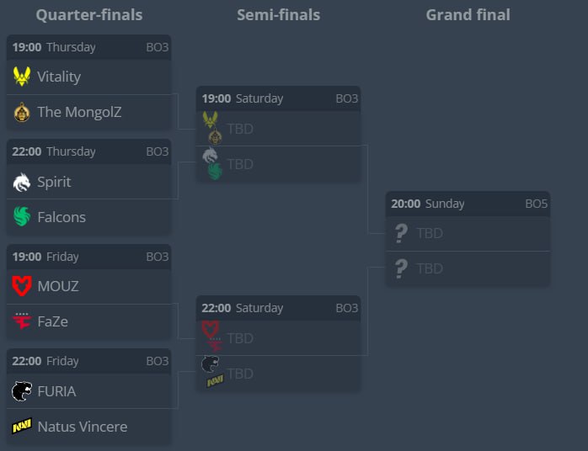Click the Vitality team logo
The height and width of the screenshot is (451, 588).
[x=22, y=77]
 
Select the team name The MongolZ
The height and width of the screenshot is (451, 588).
[x=79, y=112]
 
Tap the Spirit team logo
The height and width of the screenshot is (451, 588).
[x=22, y=182]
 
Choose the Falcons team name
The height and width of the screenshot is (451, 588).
[x=61, y=217]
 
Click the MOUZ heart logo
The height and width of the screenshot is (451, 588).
[x=22, y=286]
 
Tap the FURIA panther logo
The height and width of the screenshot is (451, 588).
[x=22, y=391]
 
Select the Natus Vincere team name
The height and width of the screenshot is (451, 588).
[x=83, y=427]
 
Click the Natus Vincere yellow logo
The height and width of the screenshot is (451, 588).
[x=22, y=427]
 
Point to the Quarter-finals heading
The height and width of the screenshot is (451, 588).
[x=89, y=14]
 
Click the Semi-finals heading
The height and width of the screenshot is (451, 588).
[x=278, y=14]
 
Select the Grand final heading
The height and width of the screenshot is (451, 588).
[x=468, y=14]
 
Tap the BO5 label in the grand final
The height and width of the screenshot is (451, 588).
[x=536, y=204]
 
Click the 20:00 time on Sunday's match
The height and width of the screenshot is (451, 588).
[x=406, y=204]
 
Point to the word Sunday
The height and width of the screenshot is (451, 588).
[x=445, y=204]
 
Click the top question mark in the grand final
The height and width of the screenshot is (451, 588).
[x=402, y=233]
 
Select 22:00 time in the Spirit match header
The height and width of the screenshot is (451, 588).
[x=27, y=151]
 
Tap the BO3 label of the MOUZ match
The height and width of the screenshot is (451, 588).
[x=158, y=257]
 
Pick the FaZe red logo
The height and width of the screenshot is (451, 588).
[x=22, y=321]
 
